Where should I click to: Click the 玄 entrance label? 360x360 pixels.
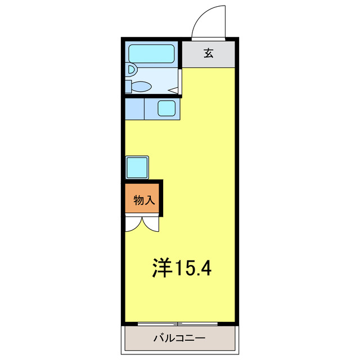coord(209,53)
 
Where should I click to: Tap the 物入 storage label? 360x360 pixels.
coord(143,200)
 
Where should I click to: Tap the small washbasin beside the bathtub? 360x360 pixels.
coord(130,70)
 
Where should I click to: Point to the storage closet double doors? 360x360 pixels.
coord(142,224)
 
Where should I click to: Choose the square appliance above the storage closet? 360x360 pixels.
coord(137,167)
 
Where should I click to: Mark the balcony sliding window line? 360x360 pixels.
coord(178,324)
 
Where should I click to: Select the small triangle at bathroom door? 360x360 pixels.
coord(173,89)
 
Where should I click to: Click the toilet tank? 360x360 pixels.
coord(128,86)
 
